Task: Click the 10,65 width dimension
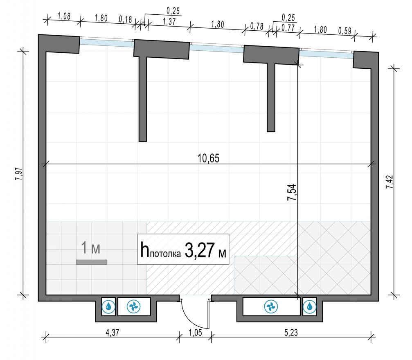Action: pos(209,159)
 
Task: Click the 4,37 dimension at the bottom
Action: pos(112,333)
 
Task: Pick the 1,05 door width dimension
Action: pos(196,333)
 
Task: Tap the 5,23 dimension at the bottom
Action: pos(291,333)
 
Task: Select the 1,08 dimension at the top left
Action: pos(63,17)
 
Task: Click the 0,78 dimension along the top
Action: pos(257,26)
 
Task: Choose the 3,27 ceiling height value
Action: pos(199,250)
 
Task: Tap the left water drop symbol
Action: pos(109,306)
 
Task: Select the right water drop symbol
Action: pos(310,306)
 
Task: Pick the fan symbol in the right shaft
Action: pos(270,306)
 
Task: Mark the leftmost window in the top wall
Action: pos(106,42)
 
